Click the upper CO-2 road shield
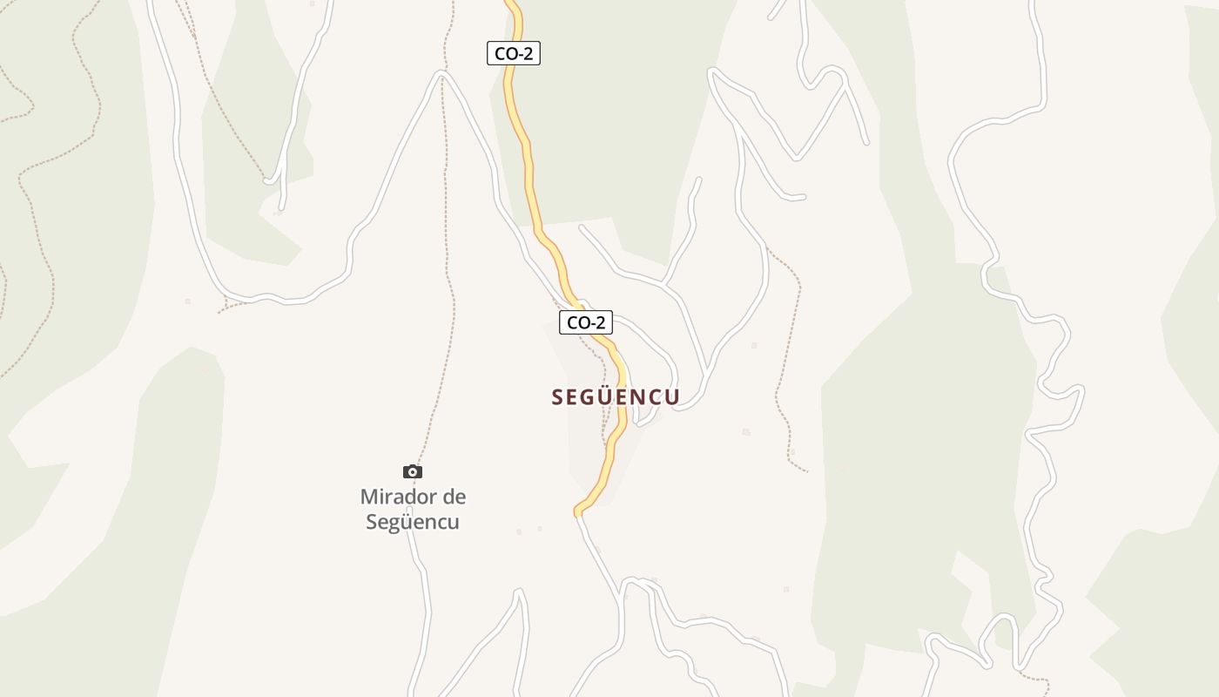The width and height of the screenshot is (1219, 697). tap(514, 53)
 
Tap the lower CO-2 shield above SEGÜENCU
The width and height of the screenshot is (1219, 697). tap(586, 322)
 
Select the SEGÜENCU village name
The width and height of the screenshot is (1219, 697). tap(616, 397)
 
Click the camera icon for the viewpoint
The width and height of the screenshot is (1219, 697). tap(413, 472)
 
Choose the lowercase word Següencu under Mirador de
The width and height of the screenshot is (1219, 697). tap(413, 523)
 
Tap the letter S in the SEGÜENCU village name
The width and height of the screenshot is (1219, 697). tap(558, 397)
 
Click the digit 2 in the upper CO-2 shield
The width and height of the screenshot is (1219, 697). tap(529, 53)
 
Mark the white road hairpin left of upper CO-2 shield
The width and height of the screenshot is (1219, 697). tap(442, 74)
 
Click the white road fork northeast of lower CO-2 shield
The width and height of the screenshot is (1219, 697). tap(664, 284)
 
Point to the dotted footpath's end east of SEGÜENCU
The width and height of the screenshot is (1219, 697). tap(807, 471)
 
